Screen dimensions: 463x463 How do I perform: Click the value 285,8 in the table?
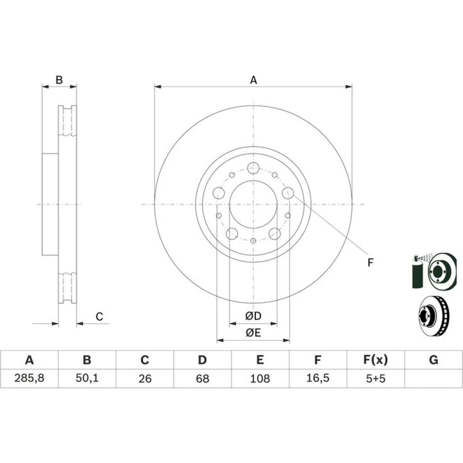pyautogui.click(x=29, y=378)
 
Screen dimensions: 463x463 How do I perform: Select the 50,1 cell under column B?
pyautogui.click(x=87, y=378)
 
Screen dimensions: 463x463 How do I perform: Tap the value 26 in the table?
pyautogui.click(x=144, y=379)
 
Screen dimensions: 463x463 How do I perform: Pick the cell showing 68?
pyautogui.click(x=202, y=379)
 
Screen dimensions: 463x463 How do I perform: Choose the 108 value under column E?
pyautogui.click(x=260, y=379)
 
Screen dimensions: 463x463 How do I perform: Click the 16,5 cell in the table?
pyautogui.click(x=318, y=378)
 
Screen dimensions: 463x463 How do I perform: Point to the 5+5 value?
pyautogui.click(x=375, y=379)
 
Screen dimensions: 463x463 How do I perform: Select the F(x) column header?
pyautogui.click(x=375, y=360)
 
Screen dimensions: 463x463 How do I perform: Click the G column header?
pyautogui.click(x=433, y=360)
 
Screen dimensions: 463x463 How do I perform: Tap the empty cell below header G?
pyautogui.click(x=433, y=379)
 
